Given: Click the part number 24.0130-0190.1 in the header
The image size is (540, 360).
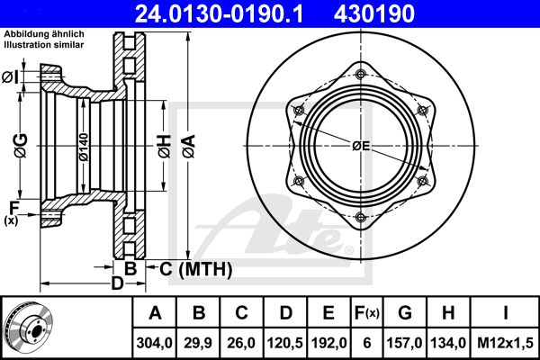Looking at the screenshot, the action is [x=219, y=13].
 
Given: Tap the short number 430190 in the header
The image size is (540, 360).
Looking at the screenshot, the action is [x=374, y=13].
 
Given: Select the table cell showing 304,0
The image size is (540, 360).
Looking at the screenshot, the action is [x=154, y=343].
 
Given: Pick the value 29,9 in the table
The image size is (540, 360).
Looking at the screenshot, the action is [x=198, y=343].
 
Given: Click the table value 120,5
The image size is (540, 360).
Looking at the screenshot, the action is [x=285, y=343].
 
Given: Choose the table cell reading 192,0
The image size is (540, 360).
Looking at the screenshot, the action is [x=328, y=343].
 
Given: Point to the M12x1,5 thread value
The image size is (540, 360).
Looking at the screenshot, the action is [x=505, y=343].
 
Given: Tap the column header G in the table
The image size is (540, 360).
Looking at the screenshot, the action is [x=405, y=313].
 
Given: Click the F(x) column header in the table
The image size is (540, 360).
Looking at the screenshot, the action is [x=367, y=313].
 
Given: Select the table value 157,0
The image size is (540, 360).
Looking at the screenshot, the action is [x=404, y=343].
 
